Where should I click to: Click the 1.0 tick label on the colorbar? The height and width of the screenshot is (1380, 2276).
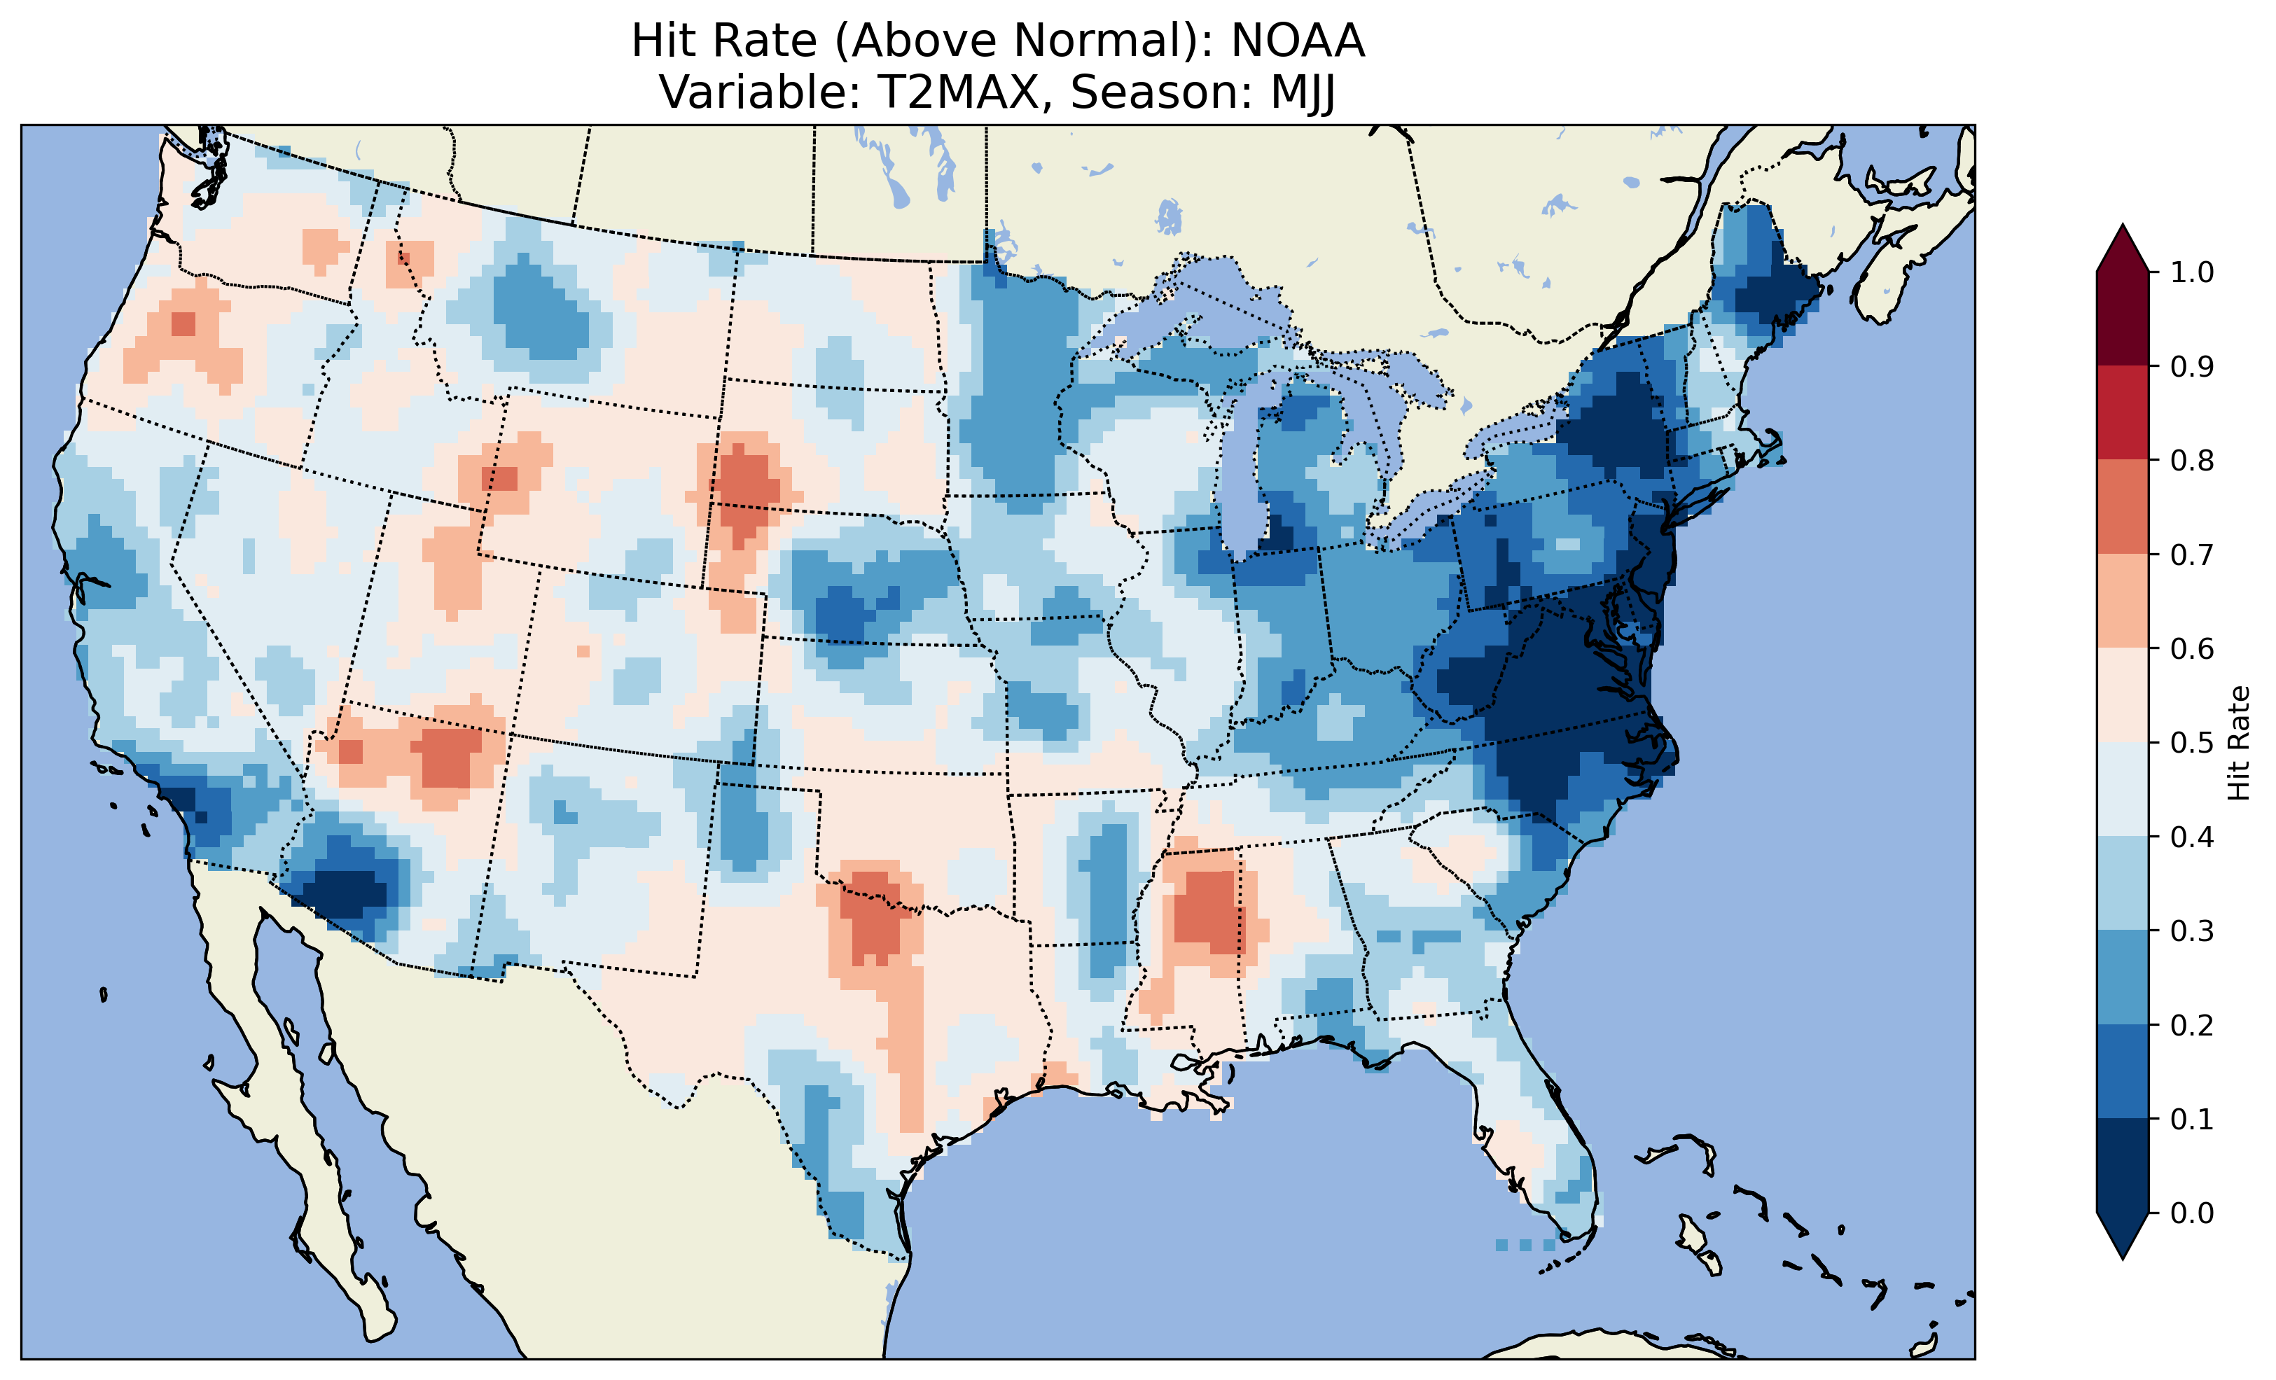(2192, 272)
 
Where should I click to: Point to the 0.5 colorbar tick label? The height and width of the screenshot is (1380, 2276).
(2192, 743)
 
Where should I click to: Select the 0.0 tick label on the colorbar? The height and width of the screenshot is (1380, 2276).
(2192, 1213)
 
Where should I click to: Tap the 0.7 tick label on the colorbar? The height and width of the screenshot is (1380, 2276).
(2192, 555)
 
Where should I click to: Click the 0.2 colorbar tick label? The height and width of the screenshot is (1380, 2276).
(2192, 1024)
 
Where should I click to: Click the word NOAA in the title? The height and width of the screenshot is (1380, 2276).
(1297, 41)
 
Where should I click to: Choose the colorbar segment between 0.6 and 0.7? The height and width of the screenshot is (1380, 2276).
(2123, 601)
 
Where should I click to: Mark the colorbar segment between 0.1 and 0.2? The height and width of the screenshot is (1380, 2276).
(2123, 1071)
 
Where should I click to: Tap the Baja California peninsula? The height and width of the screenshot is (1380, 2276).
(277, 1090)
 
